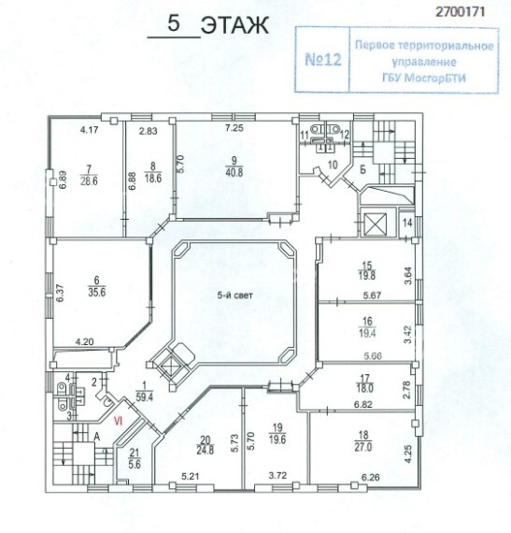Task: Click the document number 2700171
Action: click(460, 12)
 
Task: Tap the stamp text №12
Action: click(323, 60)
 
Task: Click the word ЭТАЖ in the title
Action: click(235, 25)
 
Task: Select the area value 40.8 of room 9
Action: click(234, 172)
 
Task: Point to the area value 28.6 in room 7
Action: click(89, 180)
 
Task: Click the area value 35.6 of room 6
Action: click(97, 292)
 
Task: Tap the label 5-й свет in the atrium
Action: click(235, 295)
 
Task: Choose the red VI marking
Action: click(118, 421)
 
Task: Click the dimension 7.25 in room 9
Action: click(234, 128)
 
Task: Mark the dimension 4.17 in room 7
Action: click(90, 130)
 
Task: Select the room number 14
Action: click(407, 223)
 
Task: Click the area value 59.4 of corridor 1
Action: click(144, 396)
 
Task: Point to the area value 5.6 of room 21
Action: click(135, 464)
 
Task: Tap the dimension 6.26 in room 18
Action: click(371, 477)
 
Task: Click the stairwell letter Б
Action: click(362, 169)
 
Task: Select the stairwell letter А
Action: click(97, 437)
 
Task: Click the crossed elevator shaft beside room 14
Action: click(375, 224)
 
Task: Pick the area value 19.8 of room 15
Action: click(367, 275)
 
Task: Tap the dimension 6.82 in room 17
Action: click(363, 404)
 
